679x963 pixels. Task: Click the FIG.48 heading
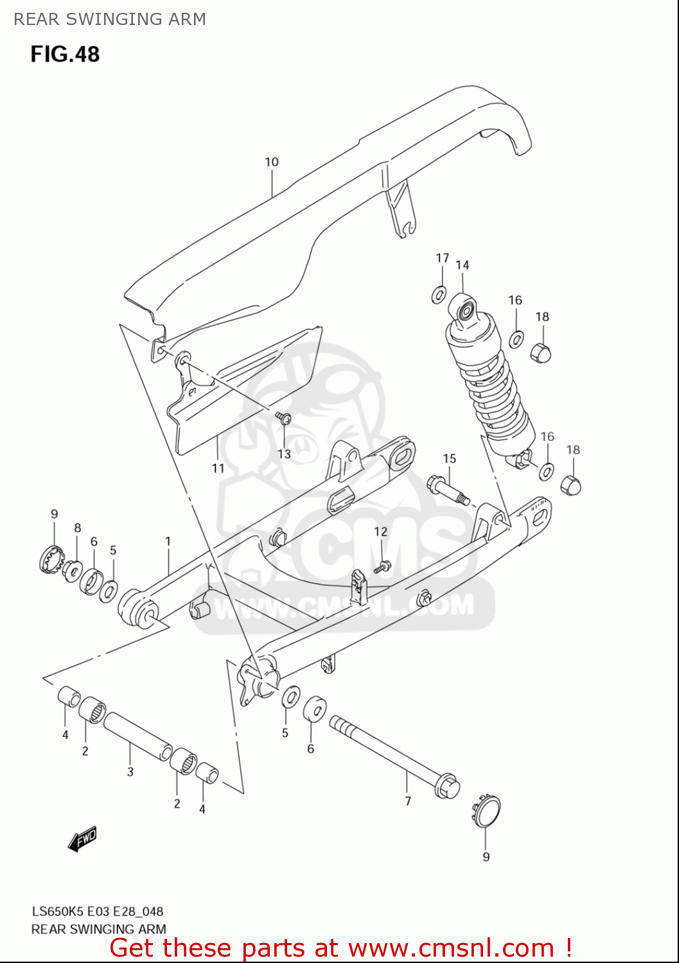[65, 54]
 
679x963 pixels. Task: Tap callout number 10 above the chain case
[272, 162]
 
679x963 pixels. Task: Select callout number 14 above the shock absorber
[463, 265]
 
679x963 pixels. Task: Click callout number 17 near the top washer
[443, 257]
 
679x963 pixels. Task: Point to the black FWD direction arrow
[83, 838]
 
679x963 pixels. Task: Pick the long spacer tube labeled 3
[137, 736]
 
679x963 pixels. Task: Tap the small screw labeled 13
[284, 419]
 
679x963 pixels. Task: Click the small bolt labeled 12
[383, 566]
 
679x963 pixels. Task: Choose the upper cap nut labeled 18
[541, 352]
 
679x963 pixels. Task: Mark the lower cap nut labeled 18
[571, 485]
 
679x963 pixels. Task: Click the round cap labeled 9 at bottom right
[487, 810]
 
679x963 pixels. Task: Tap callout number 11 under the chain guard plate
[218, 468]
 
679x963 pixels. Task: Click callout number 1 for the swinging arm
[168, 541]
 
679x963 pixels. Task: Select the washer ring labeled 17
[439, 295]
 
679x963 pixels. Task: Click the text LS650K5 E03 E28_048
[98, 911]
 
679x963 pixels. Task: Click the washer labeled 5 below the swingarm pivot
[291, 697]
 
